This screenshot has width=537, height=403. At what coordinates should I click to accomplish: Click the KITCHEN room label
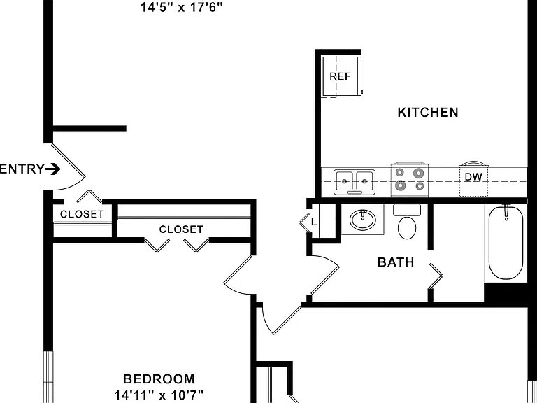point(428,113)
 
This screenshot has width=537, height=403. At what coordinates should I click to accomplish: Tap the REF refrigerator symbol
point(342,76)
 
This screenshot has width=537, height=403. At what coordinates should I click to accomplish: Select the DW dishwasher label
point(473,177)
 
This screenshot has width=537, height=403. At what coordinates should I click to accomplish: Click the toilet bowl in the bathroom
point(407,227)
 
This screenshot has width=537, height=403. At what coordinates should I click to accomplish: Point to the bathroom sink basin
point(363,220)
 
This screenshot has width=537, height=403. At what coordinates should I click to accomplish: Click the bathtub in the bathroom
point(506,243)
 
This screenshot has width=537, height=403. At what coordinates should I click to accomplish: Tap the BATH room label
point(396,262)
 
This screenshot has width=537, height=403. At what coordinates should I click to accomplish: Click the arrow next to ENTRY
point(53,169)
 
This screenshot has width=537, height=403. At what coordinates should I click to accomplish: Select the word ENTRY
point(22,169)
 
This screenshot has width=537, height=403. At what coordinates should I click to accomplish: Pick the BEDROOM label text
point(159,379)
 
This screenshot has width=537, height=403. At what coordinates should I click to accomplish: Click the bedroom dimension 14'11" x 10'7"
point(159,395)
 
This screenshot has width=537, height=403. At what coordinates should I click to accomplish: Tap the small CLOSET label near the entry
point(82,214)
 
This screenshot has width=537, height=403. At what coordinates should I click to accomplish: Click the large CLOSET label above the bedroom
point(181,229)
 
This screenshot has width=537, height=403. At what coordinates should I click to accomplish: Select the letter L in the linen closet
point(314,222)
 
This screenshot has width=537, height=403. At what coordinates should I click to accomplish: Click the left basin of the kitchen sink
point(344,181)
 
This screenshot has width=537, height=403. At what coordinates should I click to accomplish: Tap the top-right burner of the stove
point(418,173)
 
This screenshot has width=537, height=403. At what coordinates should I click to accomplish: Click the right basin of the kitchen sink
point(365,181)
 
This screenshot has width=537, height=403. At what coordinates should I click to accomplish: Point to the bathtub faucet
point(506,212)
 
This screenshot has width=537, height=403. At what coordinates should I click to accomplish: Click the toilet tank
point(407,210)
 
